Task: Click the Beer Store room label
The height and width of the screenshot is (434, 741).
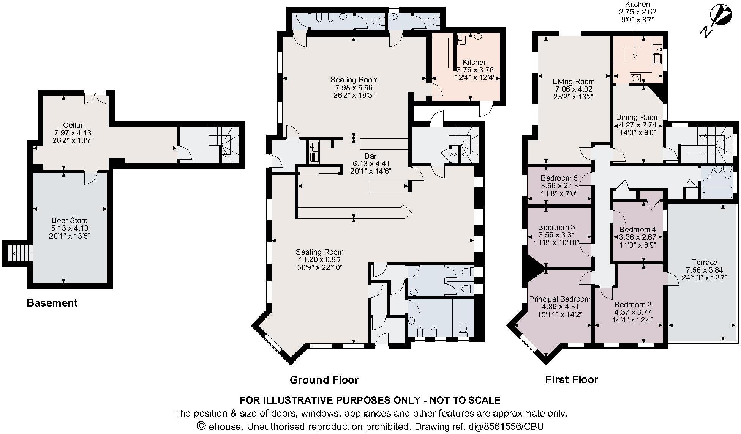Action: tap(70, 220)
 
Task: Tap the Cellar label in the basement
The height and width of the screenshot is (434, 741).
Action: tap(73, 125)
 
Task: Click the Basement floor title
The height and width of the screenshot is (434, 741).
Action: tap(52, 303)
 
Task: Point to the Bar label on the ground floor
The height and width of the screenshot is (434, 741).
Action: tap(370, 156)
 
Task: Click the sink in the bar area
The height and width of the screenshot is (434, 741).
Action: tap(314, 152)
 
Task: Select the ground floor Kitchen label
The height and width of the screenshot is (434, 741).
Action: tap(475, 62)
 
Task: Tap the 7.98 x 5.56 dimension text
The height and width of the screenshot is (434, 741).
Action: tap(354, 88)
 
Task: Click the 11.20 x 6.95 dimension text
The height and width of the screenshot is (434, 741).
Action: tap(319, 259)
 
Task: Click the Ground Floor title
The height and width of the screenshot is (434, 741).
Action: tap(324, 380)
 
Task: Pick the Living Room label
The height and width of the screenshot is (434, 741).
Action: tap(574, 82)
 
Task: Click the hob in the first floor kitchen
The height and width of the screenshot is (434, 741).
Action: tap(635, 78)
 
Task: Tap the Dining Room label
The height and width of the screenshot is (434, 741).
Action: tap(637, 117)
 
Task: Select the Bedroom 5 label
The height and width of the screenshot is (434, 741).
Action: tap(559, 178)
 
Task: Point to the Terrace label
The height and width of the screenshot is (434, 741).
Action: tap(704, 262)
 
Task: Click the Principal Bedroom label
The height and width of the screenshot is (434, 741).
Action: tap(560, 299)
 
